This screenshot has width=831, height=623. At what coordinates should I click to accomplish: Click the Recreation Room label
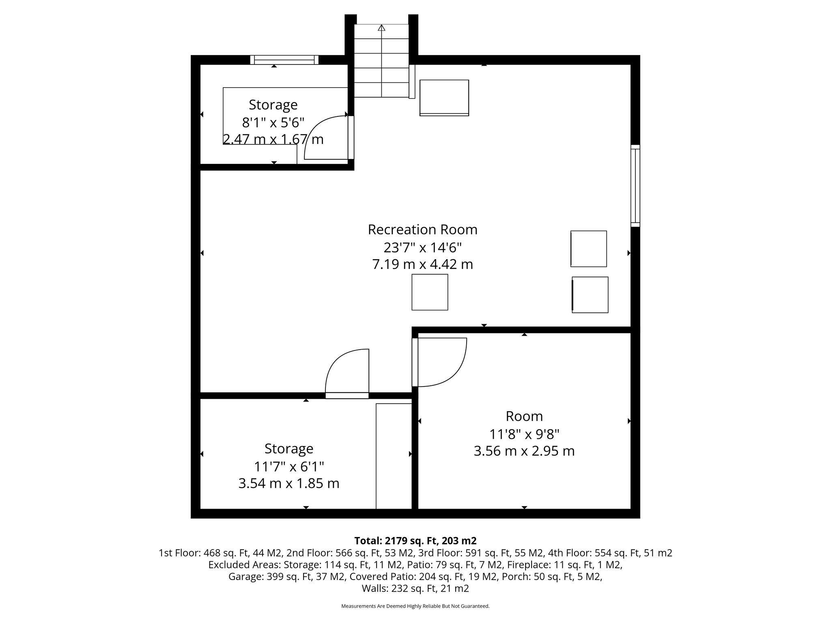click(x=422, y=230)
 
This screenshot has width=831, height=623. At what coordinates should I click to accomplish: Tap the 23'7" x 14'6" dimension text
click(x=422, y=247)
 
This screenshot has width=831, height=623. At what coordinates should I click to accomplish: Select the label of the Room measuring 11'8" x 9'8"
click(x=524, y=416)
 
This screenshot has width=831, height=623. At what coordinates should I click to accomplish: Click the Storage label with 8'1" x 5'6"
click(x=273, y=105)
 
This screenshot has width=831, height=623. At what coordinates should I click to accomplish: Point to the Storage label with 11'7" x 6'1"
click(x=288, y=449)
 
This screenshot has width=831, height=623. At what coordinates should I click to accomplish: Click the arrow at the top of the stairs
click(x=381, y=28)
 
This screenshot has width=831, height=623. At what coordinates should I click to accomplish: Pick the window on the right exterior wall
click(x=635, y=186)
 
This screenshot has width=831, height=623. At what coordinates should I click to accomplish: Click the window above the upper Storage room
click(x=284, y=60)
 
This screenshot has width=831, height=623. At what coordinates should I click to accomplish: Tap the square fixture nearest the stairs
click(x=444, y=98)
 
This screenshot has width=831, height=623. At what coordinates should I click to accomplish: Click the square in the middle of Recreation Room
click(x=430, y=292)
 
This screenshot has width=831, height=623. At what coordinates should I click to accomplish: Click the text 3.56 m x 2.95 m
click(x=524, y=451)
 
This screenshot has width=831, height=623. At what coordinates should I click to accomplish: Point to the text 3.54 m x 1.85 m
click(x=288, y=483)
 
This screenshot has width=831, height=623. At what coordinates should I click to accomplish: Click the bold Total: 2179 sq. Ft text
click(x=415, y=541)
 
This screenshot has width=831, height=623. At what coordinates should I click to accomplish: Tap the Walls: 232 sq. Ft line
click(x=415, y=588)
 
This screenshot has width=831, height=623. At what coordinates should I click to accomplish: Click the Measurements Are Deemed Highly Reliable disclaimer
click(x=415, y=606)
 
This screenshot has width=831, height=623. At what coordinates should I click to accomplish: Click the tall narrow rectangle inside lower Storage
click(x=394, y=456)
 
